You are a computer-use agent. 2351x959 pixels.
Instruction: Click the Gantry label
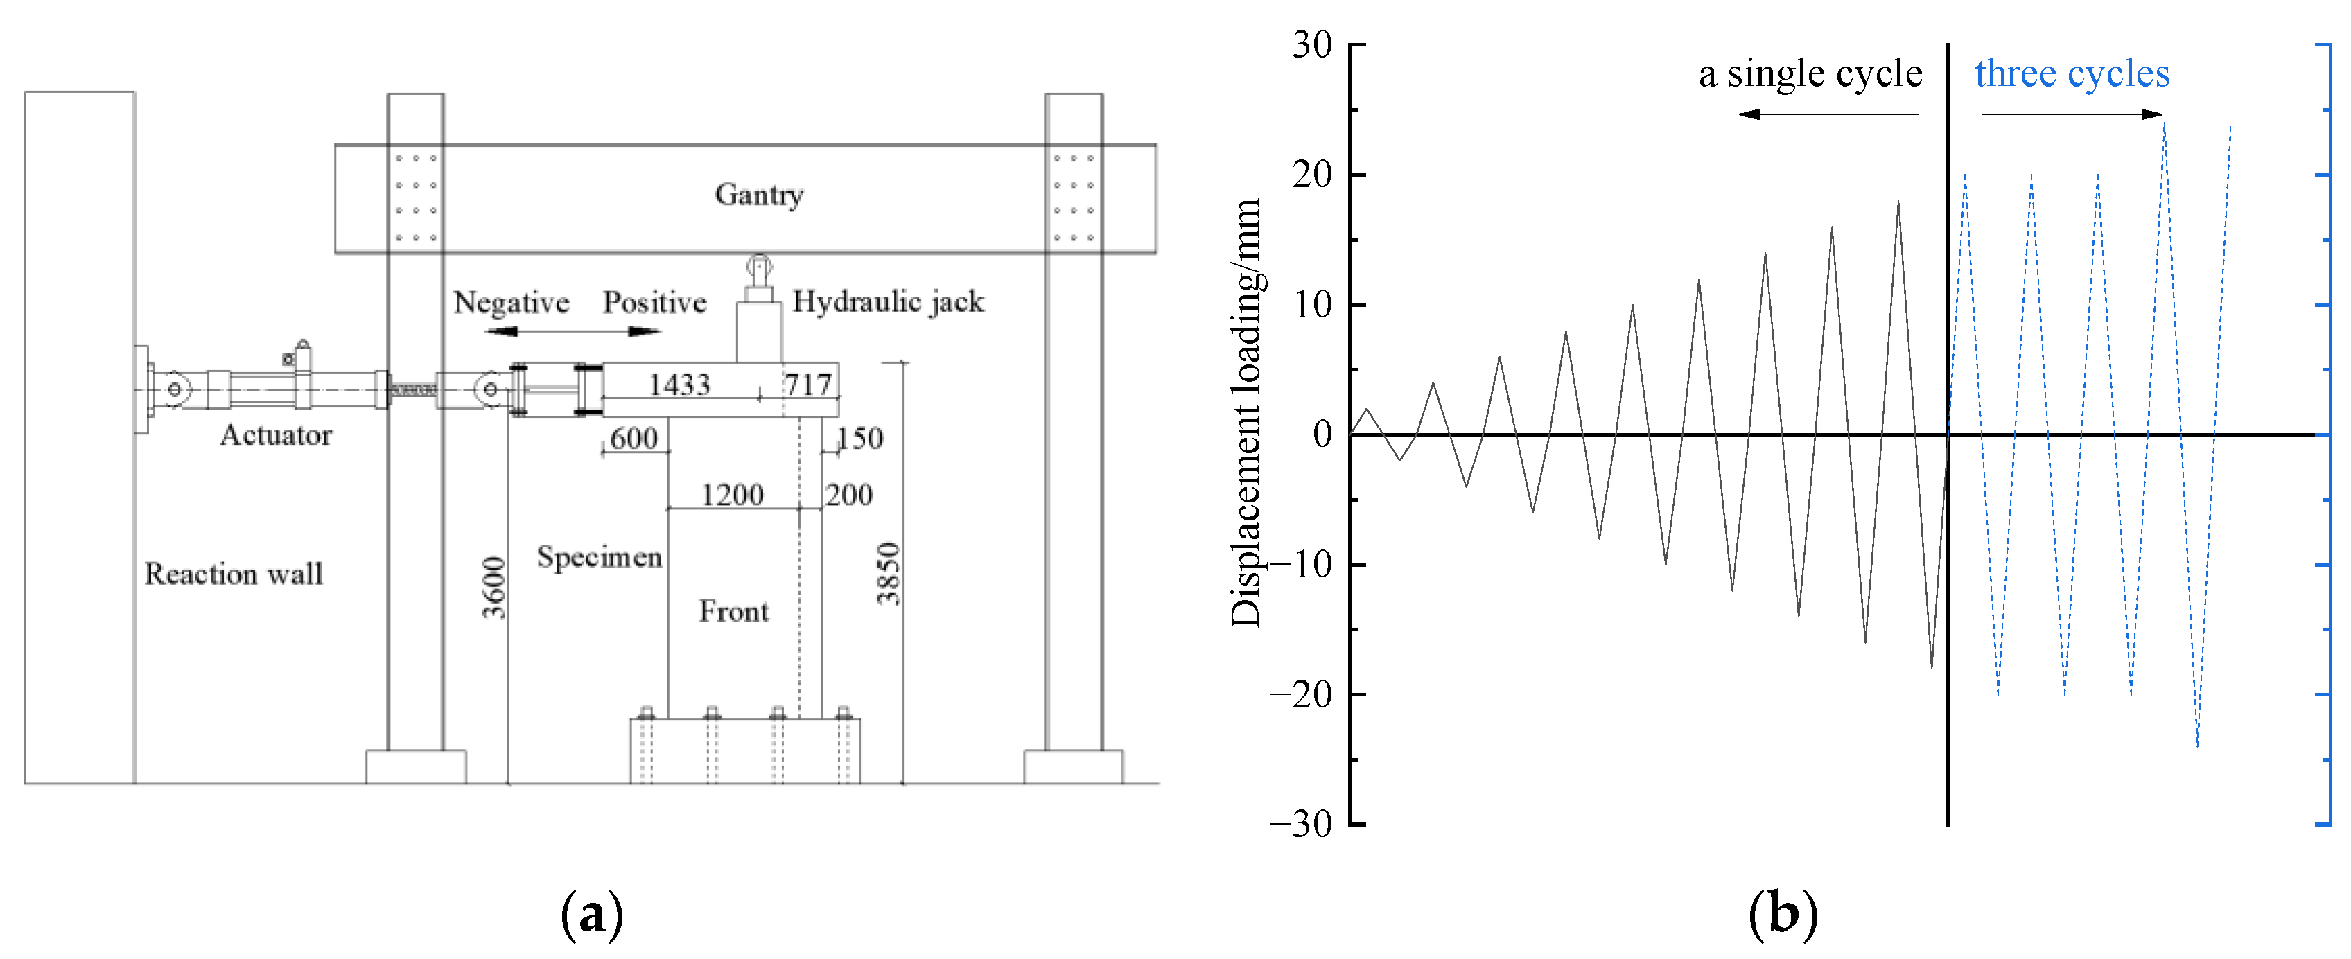(758, 194)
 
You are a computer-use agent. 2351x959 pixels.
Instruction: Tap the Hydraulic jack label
(888, 301)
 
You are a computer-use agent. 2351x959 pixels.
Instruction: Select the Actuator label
(276, 434)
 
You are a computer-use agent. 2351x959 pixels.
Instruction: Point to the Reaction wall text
(234, 573)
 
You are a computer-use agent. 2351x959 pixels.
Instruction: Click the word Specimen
(599, 556)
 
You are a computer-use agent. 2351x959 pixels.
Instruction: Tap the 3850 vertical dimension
(888, 573)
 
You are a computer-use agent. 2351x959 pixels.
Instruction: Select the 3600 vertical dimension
(493, 588)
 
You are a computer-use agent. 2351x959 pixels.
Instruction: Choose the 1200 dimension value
(732, 495)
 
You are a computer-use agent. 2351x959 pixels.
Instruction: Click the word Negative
(511, 302)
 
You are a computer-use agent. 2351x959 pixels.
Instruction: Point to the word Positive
(654, 302)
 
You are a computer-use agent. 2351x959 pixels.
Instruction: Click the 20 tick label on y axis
(1313, 175)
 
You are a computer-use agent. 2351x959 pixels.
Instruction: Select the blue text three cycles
(2072, 73)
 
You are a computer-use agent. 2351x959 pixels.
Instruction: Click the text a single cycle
(1810, 73)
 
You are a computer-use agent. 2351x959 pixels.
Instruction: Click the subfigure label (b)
(1783, 913)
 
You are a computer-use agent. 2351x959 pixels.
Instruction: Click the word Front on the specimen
(734, 611)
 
